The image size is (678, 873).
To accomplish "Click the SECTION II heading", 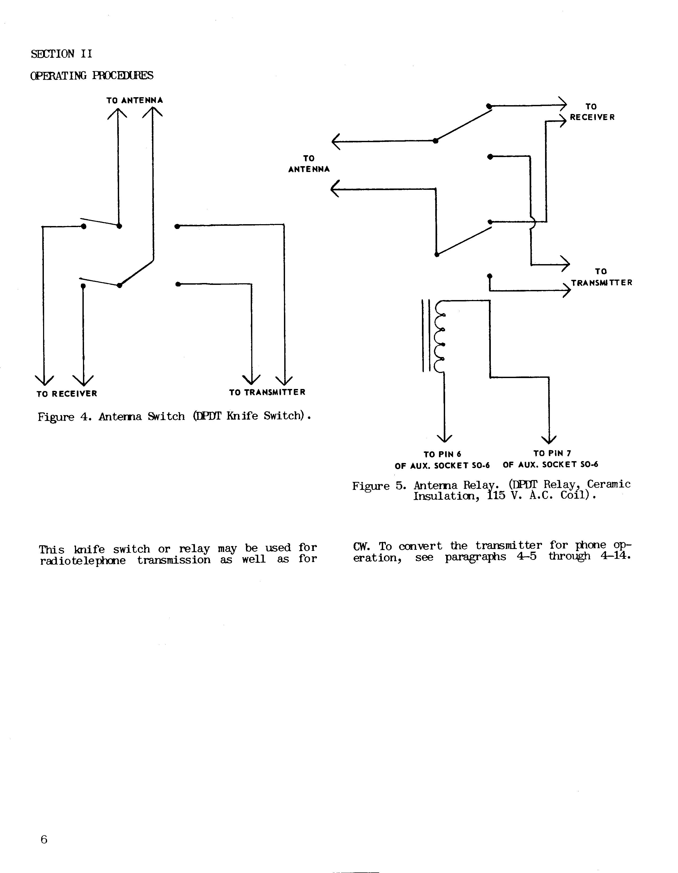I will (x=61, y=54).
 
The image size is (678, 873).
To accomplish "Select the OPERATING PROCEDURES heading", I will (x=91, y=76).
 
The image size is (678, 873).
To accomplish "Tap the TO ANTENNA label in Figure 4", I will (x=135, y=100).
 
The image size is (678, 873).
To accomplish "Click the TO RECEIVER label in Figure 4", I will (x=67, y=394).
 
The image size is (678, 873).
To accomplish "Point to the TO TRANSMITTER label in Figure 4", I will (x=267, y=392).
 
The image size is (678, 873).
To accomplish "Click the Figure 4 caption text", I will (x=174, y=416).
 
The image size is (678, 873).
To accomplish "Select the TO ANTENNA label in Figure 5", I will (x=309, y=164).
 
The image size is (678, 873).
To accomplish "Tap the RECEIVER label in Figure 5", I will (x=592, y=117).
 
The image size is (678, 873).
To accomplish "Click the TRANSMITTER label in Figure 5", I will (x=602, y=282).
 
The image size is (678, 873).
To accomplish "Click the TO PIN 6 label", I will (x=442, y=454).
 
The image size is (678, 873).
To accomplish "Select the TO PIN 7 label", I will (x=552, y=453).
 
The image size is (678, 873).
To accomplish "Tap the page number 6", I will (x=44, y=839).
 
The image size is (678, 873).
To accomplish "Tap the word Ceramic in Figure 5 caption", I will (x=609, y=484).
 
